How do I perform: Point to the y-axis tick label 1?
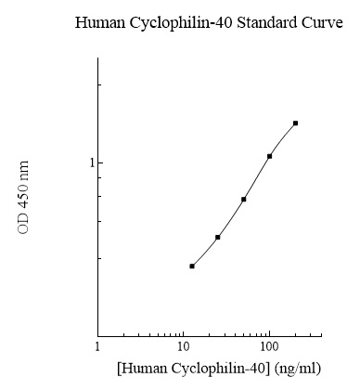point(89,162)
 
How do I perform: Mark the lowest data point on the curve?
point(192,266)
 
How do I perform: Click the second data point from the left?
point(217,237)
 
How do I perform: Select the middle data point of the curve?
point(243,199)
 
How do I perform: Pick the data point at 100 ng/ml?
point(269,156)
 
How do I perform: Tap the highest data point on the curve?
point(295,123)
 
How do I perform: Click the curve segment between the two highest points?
point(282,138)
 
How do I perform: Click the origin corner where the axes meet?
point(97,335)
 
